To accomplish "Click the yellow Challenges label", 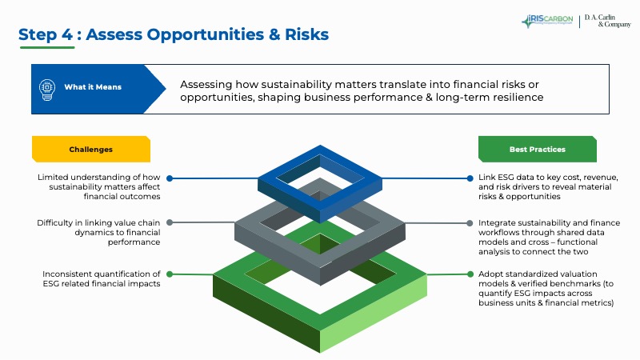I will [90, 150].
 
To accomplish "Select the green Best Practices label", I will [537, 150].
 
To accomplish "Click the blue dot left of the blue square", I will [169, 178].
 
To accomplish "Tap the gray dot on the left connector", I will [169, 222].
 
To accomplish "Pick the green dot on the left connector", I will [169, 274].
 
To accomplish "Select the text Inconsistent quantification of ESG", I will [102, 278].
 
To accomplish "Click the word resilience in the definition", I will [514, 98].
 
